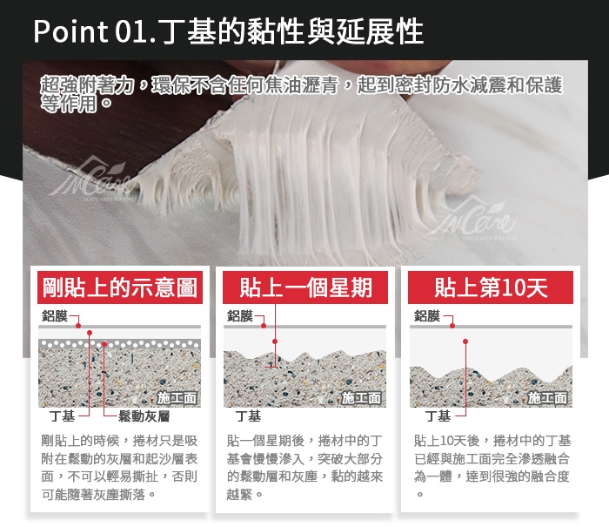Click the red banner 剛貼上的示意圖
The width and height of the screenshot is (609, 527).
[120, 287]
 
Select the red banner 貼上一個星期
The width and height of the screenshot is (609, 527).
[305, 287]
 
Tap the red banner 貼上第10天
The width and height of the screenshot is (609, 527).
[491, 287]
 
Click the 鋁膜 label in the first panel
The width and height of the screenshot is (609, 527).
[55, 316]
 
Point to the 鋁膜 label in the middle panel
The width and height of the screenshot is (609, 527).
[240, 316]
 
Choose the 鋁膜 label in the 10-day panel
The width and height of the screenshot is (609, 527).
[427, 316]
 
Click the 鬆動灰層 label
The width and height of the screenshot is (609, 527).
[144, 416]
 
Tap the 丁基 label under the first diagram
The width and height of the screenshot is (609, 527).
[62, 416]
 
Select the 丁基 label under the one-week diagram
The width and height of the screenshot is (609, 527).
[249, 416]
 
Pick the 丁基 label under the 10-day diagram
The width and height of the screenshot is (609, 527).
[438, 416]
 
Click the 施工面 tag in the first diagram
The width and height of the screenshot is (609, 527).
[177, 398]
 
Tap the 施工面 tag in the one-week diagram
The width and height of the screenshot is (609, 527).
[362, 398]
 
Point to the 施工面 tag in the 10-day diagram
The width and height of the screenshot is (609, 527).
[547, 398]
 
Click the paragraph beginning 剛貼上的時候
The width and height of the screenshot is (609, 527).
[119, 468]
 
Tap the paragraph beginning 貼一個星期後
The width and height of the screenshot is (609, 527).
[304, 468]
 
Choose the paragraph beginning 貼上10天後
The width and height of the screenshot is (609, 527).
[492, 467]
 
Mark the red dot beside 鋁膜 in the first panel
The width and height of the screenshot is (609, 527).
[78, 326]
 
